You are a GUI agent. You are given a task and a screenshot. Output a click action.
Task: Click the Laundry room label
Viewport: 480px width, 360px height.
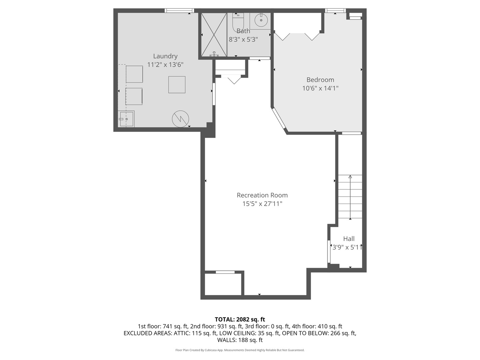point(165,56)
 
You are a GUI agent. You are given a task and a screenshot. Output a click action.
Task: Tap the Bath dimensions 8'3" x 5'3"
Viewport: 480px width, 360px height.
point(243,39)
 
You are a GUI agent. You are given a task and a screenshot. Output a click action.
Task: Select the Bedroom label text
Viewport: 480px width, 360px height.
point(320,80)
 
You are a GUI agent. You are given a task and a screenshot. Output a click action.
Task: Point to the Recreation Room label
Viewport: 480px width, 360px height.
point(262,195)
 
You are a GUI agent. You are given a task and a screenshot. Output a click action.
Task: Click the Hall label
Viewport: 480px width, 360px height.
point(349,239)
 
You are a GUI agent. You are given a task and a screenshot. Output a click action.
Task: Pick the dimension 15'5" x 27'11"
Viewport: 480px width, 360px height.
point(262,204)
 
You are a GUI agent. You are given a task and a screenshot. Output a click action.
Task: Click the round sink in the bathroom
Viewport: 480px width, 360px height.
point(261,20)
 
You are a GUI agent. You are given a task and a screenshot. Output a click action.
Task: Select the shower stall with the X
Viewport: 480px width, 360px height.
point(213,35)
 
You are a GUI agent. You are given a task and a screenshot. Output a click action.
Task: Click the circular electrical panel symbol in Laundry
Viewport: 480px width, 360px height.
point(180,119)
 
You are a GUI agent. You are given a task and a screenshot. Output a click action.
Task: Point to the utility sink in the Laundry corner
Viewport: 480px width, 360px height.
point(126,119)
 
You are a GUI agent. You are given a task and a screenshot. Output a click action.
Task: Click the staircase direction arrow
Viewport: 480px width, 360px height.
point(350,197)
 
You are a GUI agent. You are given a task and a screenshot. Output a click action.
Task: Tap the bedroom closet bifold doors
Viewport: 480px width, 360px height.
point(298,36)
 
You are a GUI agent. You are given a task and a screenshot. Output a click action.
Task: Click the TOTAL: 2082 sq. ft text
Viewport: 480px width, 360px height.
point(240,319)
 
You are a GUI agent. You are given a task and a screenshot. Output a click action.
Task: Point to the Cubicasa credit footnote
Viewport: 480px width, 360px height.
point(240,350)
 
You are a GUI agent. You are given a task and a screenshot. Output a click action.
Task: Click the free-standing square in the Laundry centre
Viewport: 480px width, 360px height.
point(177,85)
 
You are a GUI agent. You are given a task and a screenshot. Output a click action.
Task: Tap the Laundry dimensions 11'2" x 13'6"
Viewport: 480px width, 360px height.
point(165,65)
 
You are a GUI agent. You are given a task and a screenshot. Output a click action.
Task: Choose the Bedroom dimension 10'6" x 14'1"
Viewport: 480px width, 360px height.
point(320,88)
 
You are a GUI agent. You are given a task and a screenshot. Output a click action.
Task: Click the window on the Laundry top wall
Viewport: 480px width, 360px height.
point(179,11)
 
